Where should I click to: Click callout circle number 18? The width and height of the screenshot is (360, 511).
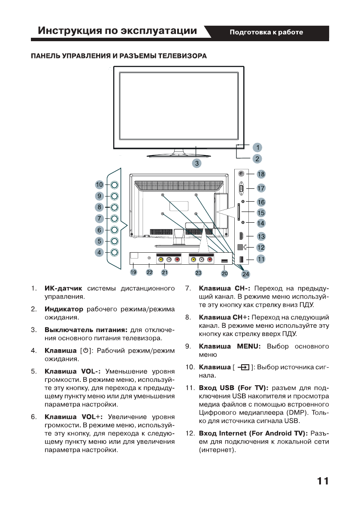261,174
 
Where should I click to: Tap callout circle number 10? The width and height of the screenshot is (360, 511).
100,185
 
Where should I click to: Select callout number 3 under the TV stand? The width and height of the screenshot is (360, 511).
197,163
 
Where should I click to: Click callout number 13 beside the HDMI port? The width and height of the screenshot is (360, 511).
261,236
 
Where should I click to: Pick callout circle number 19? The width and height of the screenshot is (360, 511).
133,272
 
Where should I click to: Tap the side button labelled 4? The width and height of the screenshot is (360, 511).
115,252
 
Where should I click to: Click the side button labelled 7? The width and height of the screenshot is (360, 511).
115,218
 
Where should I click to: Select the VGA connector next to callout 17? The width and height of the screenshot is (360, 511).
241,187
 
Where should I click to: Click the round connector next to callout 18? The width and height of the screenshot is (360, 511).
241,174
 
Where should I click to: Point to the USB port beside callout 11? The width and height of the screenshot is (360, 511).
241,259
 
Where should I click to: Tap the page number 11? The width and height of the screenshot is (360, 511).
323,481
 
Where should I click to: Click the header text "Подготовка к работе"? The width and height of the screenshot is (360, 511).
266,32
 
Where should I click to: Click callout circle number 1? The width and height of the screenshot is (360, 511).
257,148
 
